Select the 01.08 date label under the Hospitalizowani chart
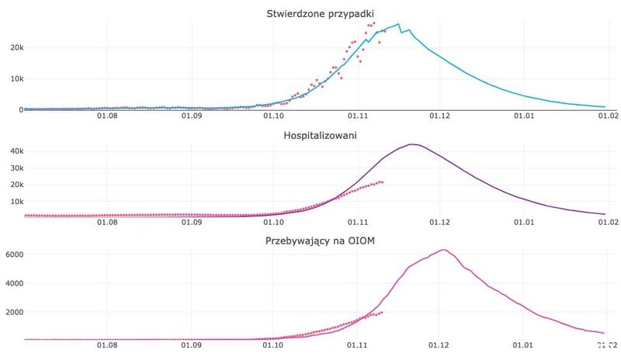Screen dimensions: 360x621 pos(107,223)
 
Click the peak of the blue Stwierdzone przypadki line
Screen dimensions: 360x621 pos(399,24)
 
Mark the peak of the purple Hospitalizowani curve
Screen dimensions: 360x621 pos(412,144)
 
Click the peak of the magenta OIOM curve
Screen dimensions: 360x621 pos(442,250)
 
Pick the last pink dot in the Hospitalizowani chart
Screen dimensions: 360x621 pos(383,182)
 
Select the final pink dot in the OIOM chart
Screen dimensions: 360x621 pos(381,313)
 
